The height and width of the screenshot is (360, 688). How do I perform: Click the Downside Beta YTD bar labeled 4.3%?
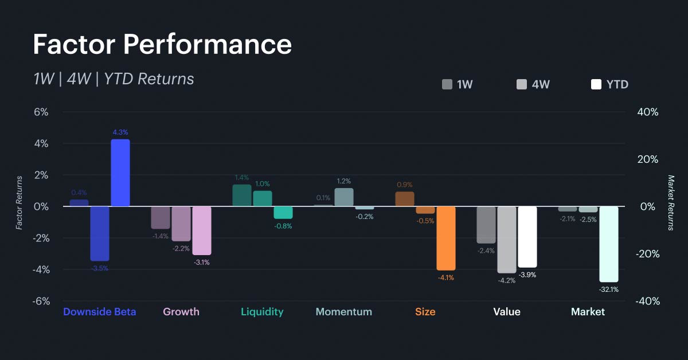(120, 173)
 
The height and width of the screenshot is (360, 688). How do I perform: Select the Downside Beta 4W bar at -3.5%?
(100, 233)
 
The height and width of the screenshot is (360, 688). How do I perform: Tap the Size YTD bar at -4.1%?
(446, 238)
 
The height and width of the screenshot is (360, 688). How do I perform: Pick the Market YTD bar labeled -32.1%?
(609, 244)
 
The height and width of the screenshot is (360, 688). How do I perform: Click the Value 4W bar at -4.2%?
(507, 240)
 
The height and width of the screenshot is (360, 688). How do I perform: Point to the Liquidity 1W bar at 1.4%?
(242, 195)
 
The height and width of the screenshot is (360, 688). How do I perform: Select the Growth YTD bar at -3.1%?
(202, 230)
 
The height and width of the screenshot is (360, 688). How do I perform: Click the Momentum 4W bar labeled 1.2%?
(344, 197)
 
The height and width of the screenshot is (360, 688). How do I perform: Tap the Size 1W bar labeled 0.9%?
(405, 199)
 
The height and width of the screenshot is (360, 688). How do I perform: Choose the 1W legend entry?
(458, 85)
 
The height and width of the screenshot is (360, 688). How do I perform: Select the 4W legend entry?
(533, 85)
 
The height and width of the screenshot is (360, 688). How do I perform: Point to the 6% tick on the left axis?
(41, 112)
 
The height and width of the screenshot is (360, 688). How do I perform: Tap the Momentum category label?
(344, 312)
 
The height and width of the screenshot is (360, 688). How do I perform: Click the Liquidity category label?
(262, 312)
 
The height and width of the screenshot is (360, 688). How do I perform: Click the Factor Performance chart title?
(162, 45)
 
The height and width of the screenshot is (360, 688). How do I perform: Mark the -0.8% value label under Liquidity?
(283, 226)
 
